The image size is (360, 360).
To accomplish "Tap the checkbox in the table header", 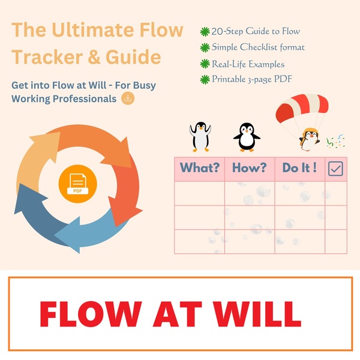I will pyautogui.click(x=335, y=169).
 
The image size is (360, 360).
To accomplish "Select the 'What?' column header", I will pyautogui.click(x=199, y=168).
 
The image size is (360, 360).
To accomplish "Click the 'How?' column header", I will pyautogui.click(x=250, y=168).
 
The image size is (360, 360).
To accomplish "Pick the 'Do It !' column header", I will pyautogui.click(x=299, y=168).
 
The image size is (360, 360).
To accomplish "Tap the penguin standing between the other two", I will pyautogui.click(x=246, y=137).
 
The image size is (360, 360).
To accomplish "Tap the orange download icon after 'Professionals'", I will pyautogui.click(x=127, y=98).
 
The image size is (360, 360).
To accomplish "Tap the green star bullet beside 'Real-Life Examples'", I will pyautogui.click(x=205, y=63).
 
